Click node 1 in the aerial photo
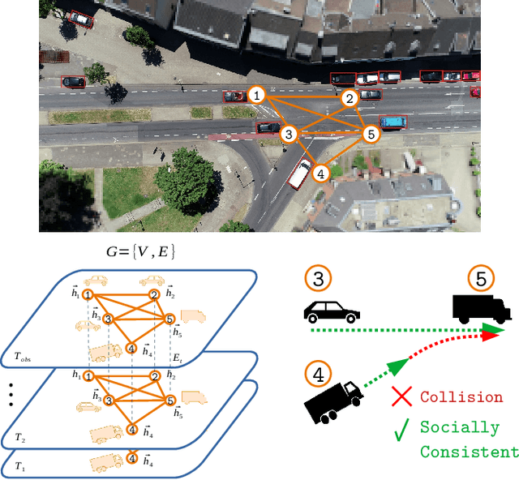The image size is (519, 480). [257, 96]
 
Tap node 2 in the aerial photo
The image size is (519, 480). [350, 99]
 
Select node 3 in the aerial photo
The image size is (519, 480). [288, 134]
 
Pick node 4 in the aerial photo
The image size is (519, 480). [321, 174]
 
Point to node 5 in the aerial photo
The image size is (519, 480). [371, 134]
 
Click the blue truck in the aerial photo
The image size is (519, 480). [393, 122]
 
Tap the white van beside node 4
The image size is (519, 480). [298, 173]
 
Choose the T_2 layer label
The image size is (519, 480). [20, 437]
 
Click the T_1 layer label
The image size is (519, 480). [20, 468]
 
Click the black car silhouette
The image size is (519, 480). [332, 311]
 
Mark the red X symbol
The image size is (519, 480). [401, 396]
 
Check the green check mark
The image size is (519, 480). [401, 430]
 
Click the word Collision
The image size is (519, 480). [461, 397]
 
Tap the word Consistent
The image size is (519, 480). [470, 452]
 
